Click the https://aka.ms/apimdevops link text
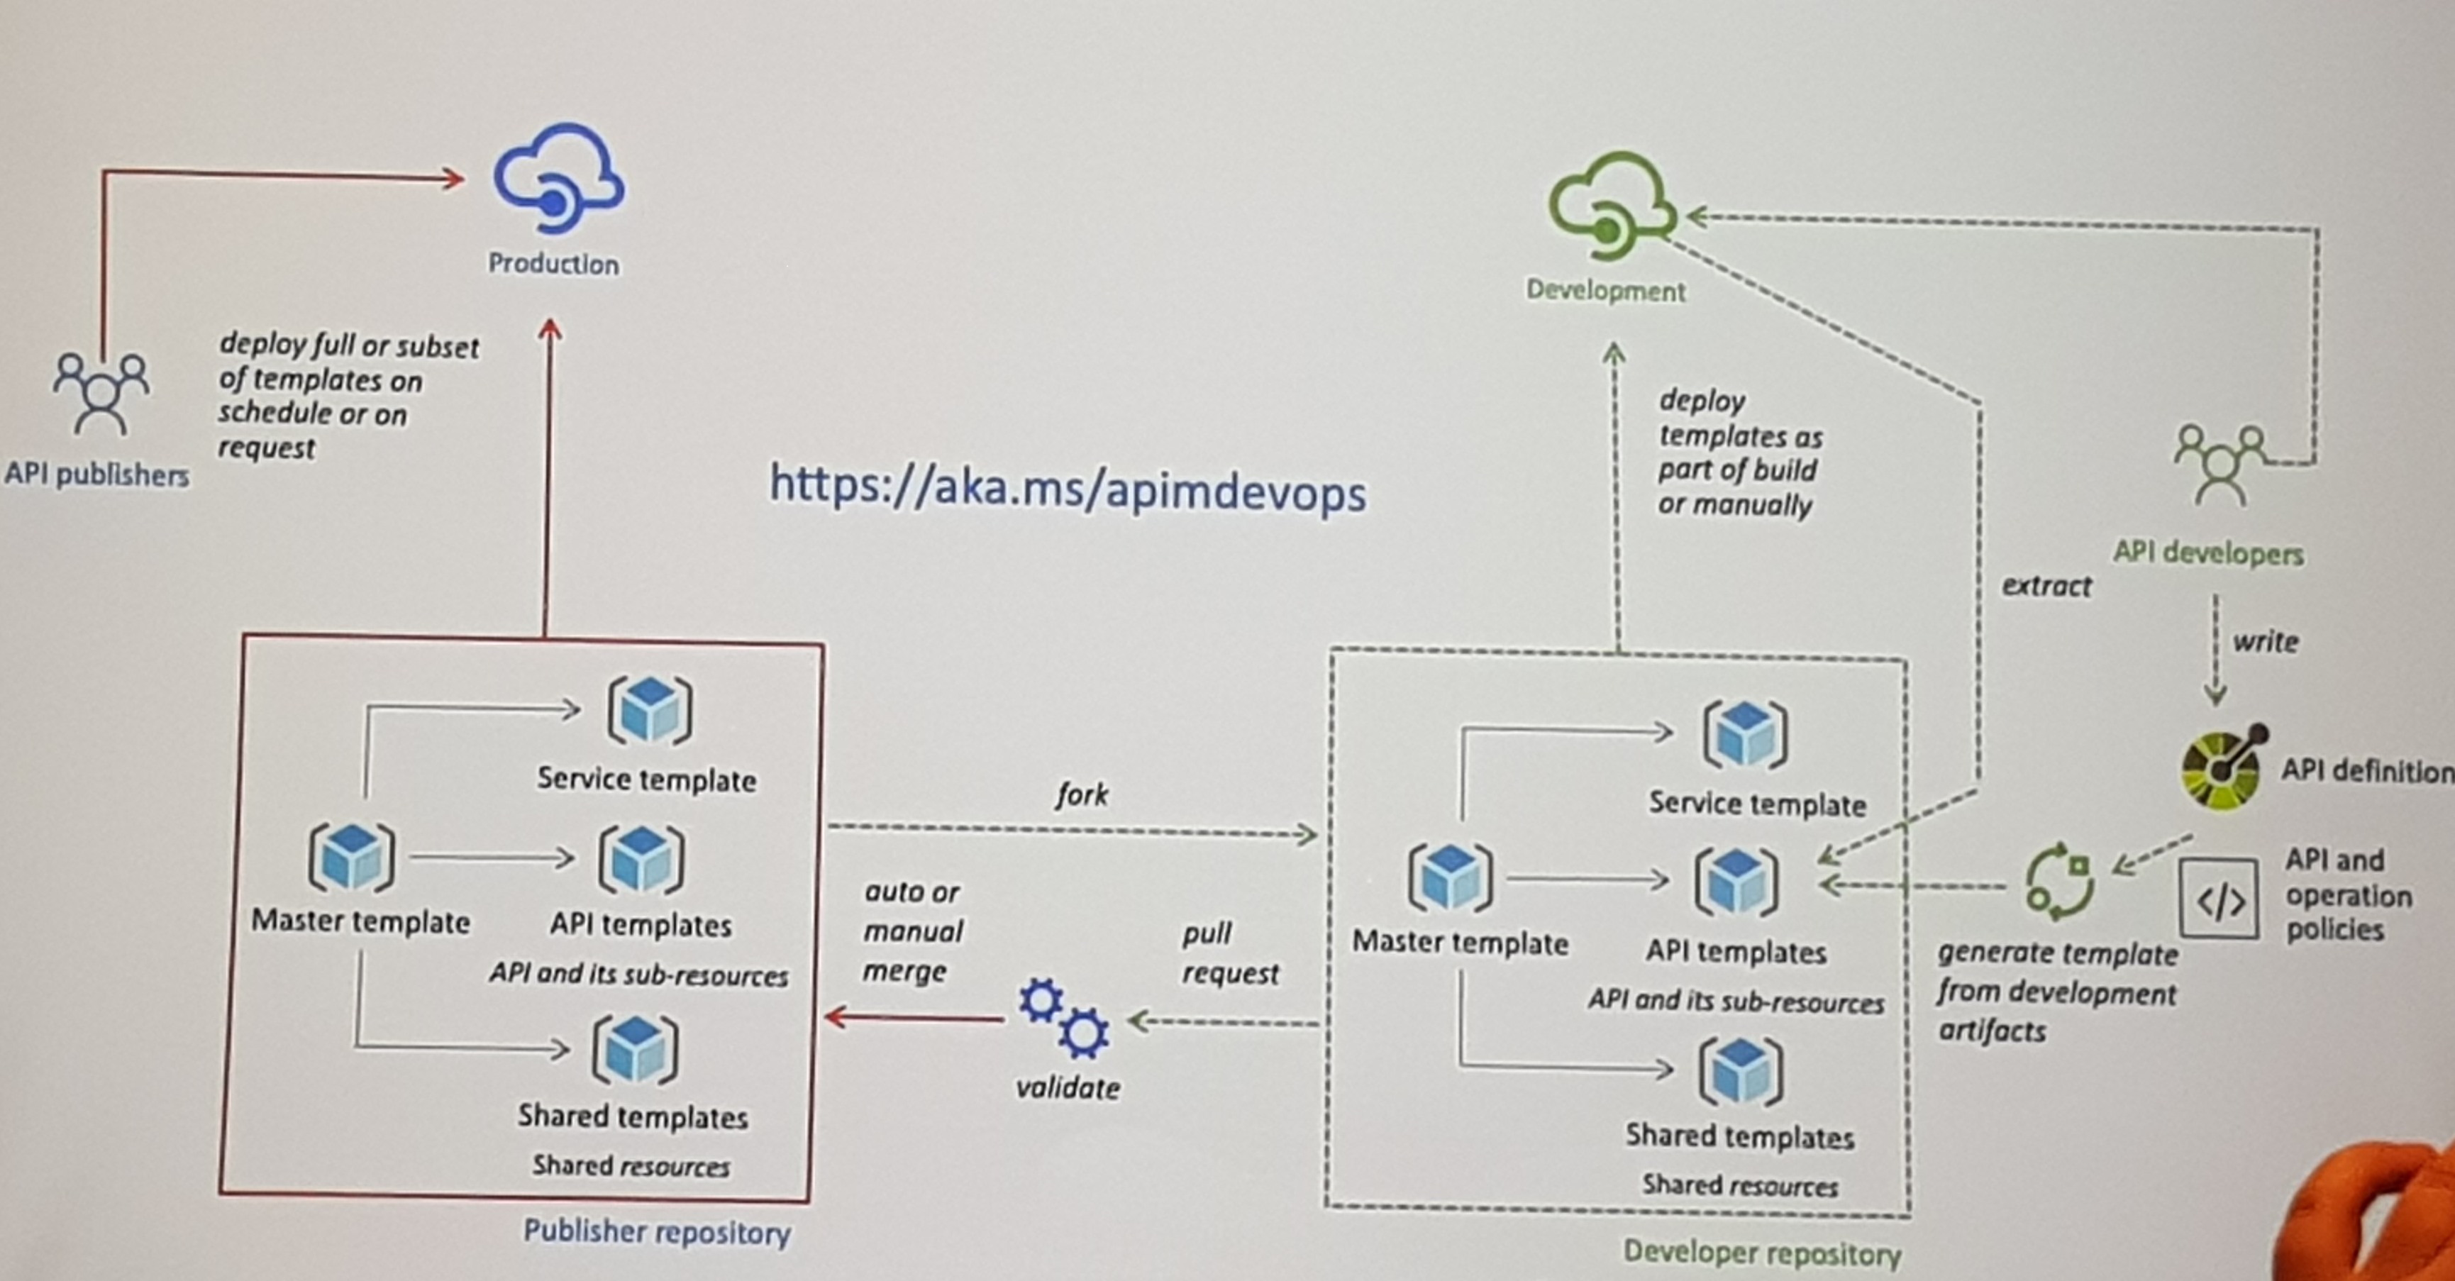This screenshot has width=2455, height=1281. pos(1068,488)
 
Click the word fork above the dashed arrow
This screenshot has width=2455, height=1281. pos(1082,794)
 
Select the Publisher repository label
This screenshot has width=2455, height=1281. pos(657,1231)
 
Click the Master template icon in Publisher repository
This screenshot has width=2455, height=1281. pos(352,857)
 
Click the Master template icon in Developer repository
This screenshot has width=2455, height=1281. pos(1450,877)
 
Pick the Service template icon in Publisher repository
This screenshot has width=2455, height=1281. pos(650,710)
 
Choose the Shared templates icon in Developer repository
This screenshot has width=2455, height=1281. pos(1740,1071)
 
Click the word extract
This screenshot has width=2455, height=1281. pos(2046,585)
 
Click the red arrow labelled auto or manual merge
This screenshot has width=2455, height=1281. pos(915,1018)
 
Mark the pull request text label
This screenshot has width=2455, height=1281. pos(1229,953)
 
